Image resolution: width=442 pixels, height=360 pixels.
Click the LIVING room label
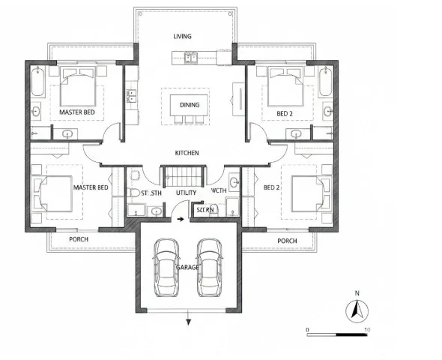tap(183, 36)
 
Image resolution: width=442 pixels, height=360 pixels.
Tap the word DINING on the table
tap(190, 105)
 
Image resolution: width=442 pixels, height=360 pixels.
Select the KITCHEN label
tap(187, 153)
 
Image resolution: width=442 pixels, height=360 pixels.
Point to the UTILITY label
tap(186, 193)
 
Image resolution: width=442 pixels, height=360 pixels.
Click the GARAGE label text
tap(187, 267)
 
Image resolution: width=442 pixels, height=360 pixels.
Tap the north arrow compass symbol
tap(358, 308)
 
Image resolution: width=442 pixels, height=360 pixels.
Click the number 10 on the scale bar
tap(365, 329)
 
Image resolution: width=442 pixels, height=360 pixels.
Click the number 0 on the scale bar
tap(308, 329)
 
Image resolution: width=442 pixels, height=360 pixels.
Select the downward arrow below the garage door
tap(188, 322)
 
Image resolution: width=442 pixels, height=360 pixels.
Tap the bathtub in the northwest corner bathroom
tap(37, 83)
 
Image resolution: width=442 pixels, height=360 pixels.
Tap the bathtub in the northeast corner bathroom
tap(325, 83)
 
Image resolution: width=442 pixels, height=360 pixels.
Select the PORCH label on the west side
tap(79, 240)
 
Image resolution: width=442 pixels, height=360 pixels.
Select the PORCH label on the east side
tap(287, 241)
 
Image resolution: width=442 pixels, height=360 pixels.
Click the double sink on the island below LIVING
tap(191, 56)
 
